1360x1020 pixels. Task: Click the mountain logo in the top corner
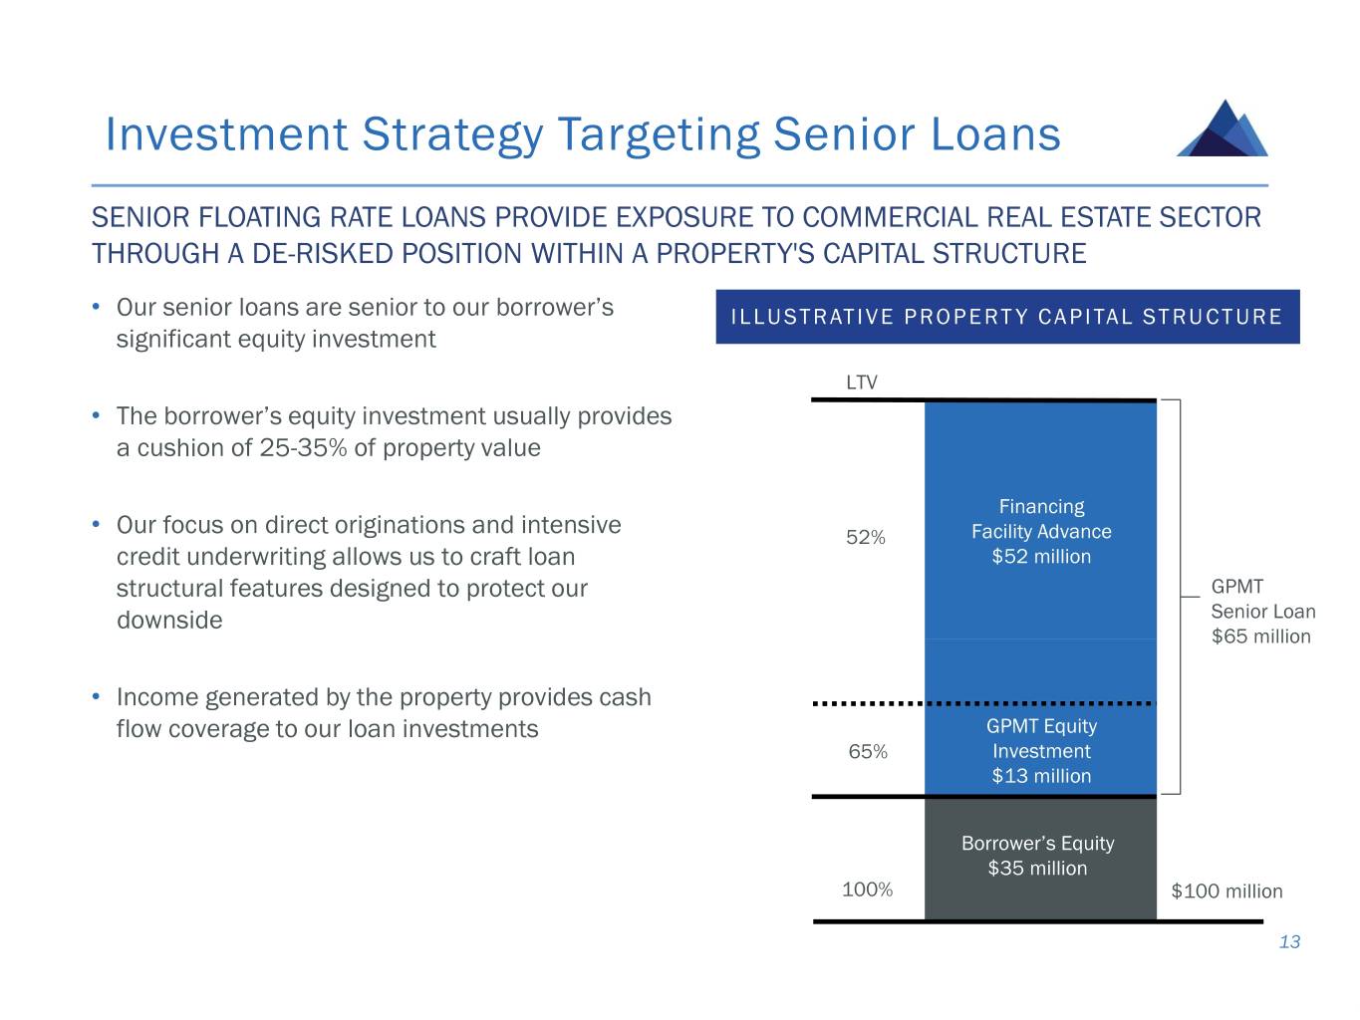click(x=1223, y=128)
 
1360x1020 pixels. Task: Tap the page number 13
click(x=1289, y=942)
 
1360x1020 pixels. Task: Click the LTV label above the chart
click(x=862, y=382)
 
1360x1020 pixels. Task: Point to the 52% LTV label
click(x=866, y=538)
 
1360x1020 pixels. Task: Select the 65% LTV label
click(x=868, y=752)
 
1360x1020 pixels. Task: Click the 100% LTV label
click(x=868, y=890)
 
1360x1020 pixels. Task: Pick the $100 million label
click(x=1226, y=892)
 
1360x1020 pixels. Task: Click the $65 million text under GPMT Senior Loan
click(x=1260, y=637)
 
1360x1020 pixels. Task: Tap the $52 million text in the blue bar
click(x=1041, y=557)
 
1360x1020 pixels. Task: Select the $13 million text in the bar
click(x=1041, y=776)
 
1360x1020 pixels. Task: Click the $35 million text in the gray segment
click(x=1037, y=869)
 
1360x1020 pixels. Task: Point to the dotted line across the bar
click(x=983, y=703)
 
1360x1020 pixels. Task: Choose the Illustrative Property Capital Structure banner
click(x=1006, y=317)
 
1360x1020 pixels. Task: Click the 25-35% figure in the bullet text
click(x=303, y=448)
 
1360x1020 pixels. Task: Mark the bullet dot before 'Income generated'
click(x=94, y=696)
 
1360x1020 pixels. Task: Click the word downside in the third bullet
click(x=169, y=621)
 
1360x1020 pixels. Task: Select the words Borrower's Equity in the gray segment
click(x=1037, y=844)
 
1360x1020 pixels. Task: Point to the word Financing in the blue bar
click(x=1041, y=507)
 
